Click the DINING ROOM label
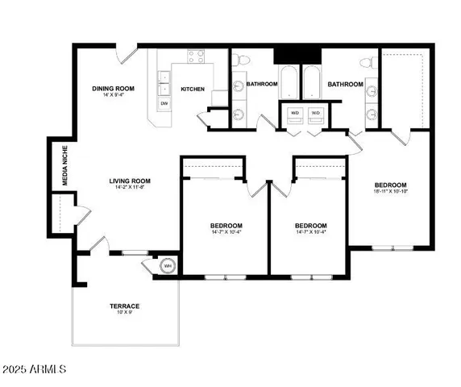112,88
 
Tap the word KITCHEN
192,89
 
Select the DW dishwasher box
164,103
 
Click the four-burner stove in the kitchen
195,56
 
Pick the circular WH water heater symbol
168,265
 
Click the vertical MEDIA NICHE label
65,166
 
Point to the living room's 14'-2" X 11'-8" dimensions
131,188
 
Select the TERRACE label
125,306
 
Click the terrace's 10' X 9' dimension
125,313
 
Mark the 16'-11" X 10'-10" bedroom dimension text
389,192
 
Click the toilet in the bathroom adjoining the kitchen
239,59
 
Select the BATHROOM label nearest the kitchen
262,84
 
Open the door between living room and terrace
98,245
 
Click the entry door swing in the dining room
127,54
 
